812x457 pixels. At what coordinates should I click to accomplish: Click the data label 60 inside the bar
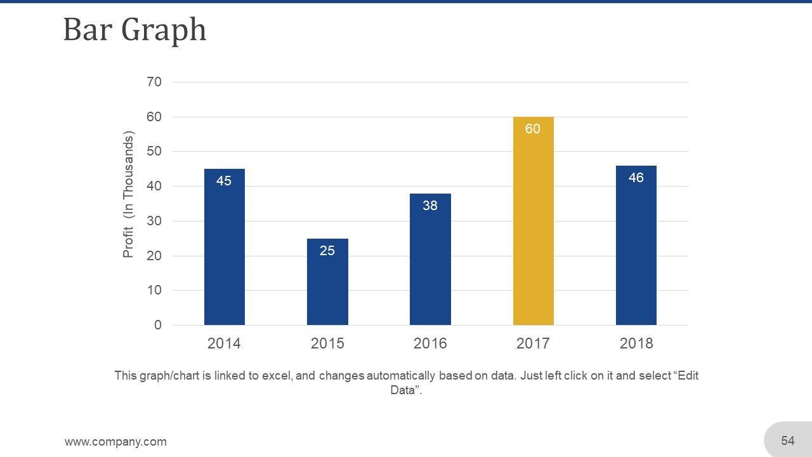pyautogui.click(x=533, y=129)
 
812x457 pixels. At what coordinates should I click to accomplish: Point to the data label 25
pyautogui.click(x=327, y=251)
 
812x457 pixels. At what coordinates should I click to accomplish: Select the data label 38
pyautogui.click(x=430, y=206)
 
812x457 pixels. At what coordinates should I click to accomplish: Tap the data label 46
pyautogui.click(x=636, y=178)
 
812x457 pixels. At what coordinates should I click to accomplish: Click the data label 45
pyautogui.click(x=224, y=181)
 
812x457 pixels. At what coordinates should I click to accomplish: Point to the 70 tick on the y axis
pyautogui.click(x=154, y=82)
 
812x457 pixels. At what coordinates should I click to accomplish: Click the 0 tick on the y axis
pyautogui.click(x=157, y=325)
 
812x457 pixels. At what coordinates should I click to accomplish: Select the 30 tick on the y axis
pyautogui.click(x=154, y=221)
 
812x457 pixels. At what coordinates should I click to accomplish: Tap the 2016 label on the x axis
pyautogui.click(x=430, y=343)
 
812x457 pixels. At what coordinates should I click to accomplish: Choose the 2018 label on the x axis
pyautogui.click(x=636, y=343)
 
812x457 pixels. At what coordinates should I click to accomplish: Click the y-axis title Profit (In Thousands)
pyautogui.click(x=129, y=195)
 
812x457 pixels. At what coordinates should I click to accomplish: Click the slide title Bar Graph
pyautogui.click(x=134, y=30)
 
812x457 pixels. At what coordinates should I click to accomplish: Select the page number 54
pyautogui.click(x=788, y=440)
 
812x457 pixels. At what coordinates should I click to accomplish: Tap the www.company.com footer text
pyautogui.click(x=115, y=442)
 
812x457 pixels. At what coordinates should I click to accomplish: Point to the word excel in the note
pyautogui.click(x=277, y=376)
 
